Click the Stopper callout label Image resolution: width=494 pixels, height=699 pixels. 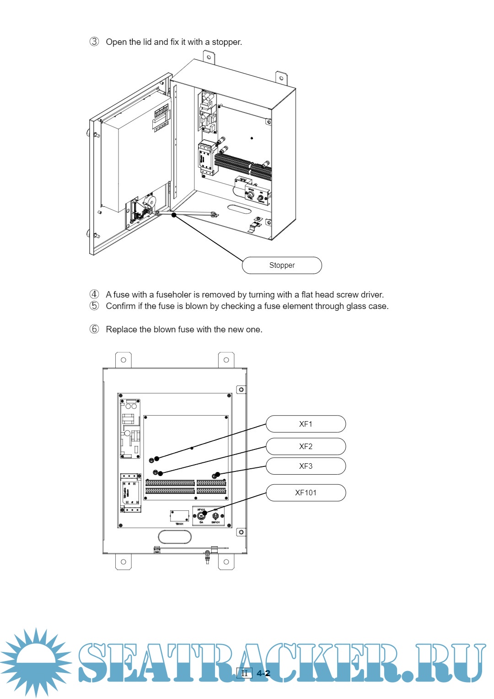[x=282, y=266]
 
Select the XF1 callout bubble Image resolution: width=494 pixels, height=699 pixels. [x=306, y=424]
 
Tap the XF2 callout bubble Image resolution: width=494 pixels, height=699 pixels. [x=306, y=446]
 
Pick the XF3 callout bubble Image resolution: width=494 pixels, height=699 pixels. [x=306, y=466]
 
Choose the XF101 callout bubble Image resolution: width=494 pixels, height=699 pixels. [x=306, y=493]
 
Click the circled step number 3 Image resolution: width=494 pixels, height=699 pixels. [x=94, y=42]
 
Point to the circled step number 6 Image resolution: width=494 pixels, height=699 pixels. [x=94, y=329]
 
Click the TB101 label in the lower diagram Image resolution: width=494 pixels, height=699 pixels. [x=179, y=524]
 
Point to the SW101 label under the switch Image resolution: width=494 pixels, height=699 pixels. [x=215, y=522]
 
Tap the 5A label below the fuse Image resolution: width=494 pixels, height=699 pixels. [x=201, y=522]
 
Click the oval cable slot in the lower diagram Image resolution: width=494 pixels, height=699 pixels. [x=175, y=536]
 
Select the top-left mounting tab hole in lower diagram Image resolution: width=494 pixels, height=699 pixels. [x=123, y=360]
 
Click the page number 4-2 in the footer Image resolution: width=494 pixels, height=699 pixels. [x=263, y=673]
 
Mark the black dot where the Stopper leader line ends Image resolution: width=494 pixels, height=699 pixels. [x=174, y=215]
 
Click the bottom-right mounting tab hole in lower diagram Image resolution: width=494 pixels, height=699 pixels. [x=226, y=562]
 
